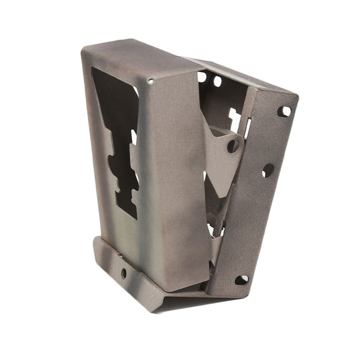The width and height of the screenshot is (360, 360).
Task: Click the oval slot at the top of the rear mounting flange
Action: point(284,111)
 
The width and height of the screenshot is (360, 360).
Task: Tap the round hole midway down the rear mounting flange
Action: point(268,171)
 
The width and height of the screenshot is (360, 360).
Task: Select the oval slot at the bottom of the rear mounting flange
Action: point(242,279)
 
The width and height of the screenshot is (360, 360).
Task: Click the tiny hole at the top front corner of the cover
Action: point(150,81)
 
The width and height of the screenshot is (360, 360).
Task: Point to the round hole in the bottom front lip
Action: point(124,273)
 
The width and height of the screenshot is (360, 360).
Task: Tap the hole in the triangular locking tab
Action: point(233,145)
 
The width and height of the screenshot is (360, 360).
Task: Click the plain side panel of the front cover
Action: point(175,178)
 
